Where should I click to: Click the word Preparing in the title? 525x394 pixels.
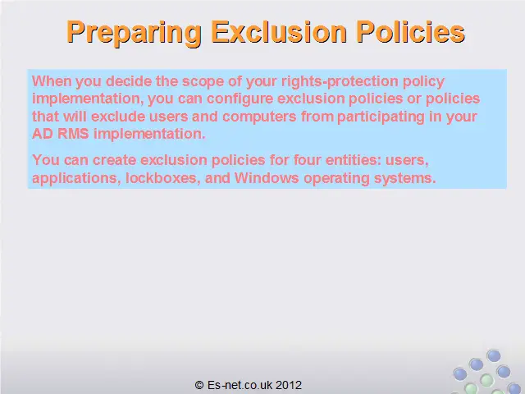(x=134, y=33)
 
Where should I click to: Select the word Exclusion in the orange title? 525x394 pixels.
(x=279, y=31)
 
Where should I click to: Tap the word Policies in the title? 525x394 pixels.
(x=410, y=31)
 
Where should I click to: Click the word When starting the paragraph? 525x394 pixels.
(x=52, y=81)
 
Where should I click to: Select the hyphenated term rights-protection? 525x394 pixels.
(x=339, y=82)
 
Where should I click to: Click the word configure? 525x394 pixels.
(x=240, y=99)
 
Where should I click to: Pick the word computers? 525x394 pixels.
(x=259, y=117)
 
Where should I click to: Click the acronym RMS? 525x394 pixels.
(x=73, y=134)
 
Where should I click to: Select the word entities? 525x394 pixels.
(x=354, y=160)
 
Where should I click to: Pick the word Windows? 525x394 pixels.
(x=267, y=177)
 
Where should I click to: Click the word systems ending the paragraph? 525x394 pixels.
(x=405, y=178)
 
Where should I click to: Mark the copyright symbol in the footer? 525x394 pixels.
(x=199, y=385)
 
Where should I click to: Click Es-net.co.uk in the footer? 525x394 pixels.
(x=240, y=385)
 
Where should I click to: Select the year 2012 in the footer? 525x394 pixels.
(x=289, y=385)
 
